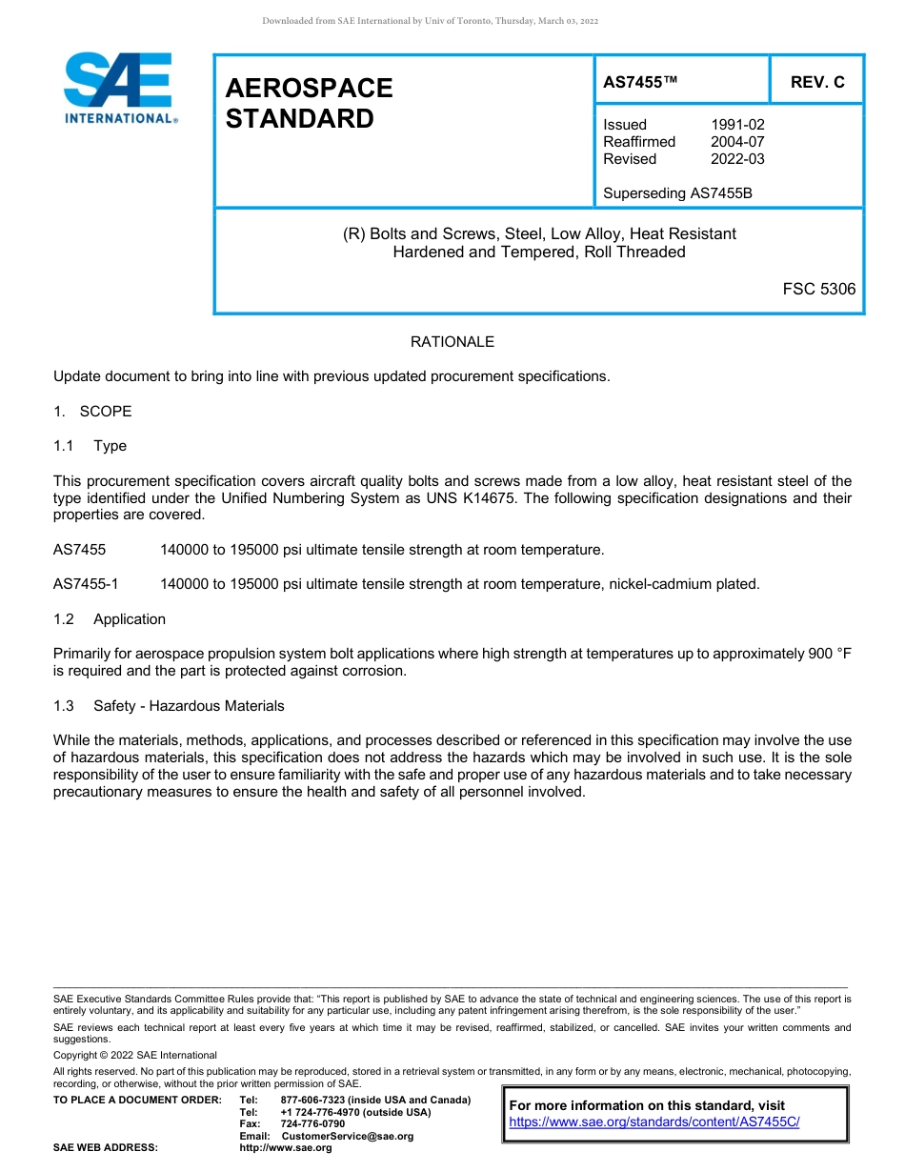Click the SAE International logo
tap(119, 88)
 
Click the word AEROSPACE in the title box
tap(309, 88)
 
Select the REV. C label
tap(817, 82)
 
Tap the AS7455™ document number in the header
tap(640, 82)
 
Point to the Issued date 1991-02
tap(737, 125)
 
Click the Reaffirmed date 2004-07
tap(737, 142)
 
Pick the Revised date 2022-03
tap(737, 159)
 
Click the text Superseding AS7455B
tap(677, 193)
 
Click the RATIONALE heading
tap(452, 342)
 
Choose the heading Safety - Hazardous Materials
tap(189, 706)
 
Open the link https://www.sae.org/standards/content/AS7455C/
tap(654, 1122)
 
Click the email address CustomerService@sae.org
tap(348, 1136)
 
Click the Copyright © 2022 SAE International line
tap(135, 1055)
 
